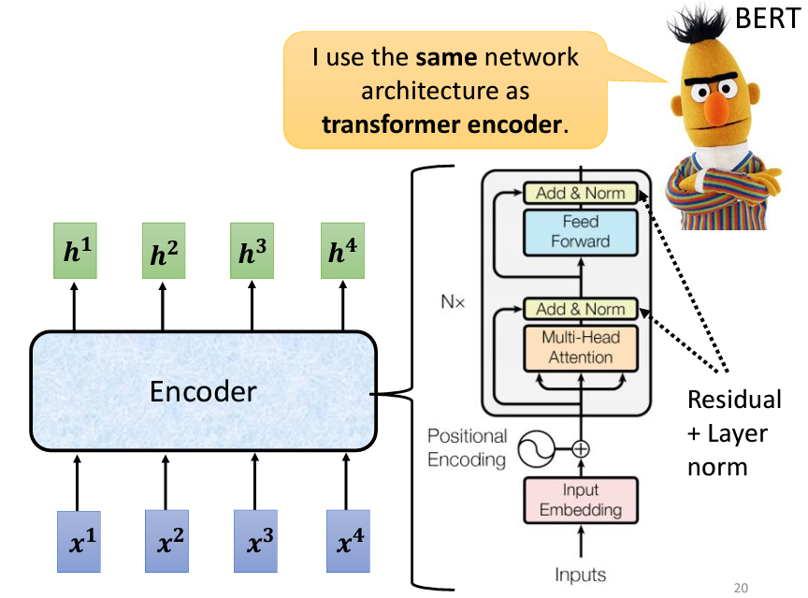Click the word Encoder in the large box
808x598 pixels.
pyautogui.click(x=203, y=392)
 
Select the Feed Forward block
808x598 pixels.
pyautogui.click(x=580, y=231)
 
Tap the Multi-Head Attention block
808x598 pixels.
pyautogui.click(x=580, y=347)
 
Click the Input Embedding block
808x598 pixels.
pyautogui.click(x=580, y=501)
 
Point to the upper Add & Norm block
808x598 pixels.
pyautogui.click(x=580, y=193)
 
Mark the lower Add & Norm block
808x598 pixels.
pyautogui.click(x=580, y=309)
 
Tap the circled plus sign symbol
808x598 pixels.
pyautogui.click(x=581, y=448)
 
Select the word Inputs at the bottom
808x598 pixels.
pyautogui.click(x=580, y=575)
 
